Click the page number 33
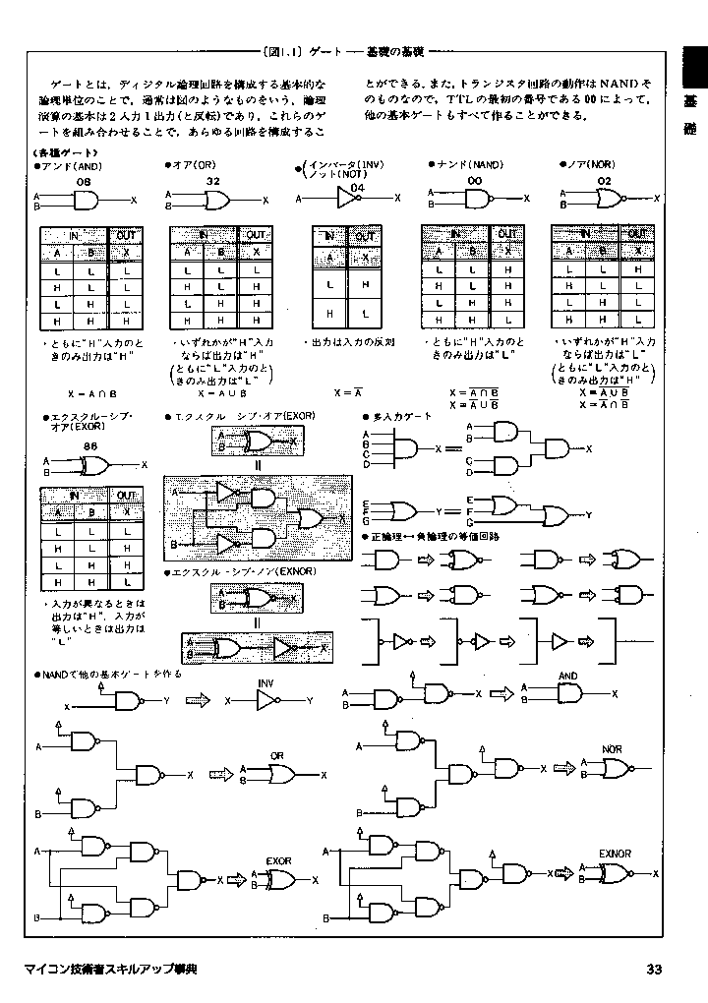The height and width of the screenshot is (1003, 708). tap(655, 970)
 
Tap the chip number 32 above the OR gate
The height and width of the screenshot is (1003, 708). tap(212, 182)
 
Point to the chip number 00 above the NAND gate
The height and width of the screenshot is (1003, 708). tap(474, 182)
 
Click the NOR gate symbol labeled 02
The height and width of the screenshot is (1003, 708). tap(608, 200)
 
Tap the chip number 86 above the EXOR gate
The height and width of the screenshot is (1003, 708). tap(90, 446)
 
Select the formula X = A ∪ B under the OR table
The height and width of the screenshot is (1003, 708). tap(217, 393)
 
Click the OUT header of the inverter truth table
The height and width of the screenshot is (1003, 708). tap(366, 237)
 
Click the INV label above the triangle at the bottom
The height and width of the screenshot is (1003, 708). tap(266, 682)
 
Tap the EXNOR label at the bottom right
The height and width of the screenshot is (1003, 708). tap(615, 854)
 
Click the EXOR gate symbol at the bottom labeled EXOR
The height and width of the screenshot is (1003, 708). tap(282, 879)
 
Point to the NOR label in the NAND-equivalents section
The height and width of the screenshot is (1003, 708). tap(612, 750)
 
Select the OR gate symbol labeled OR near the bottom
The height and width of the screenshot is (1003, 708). tap(282, 774)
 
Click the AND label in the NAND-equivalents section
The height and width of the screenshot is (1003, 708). tap(568, 677)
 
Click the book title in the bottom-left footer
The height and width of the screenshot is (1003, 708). tap(110, 971)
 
